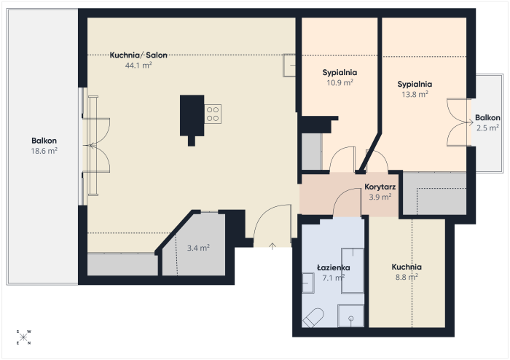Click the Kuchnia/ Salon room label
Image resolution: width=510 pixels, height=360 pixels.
click(138, 55)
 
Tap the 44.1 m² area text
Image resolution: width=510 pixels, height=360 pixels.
click(138, 66)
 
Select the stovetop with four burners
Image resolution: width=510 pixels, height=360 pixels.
click(213, 114)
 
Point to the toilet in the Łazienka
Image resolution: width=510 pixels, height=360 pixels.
click(313, 318)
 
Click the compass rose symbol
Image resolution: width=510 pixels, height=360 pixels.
click(23, 337)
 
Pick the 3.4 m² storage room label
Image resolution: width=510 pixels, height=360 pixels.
click(198, 248)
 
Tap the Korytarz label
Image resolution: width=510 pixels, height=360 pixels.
click(380, 187)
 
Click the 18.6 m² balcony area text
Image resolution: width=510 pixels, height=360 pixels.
click(44, 151)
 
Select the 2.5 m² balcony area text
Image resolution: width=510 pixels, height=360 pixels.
click(487, 128)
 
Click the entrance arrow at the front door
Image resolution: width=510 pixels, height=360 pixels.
click(272, 246)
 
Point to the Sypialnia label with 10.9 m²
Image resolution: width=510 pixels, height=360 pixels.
click(340, 73)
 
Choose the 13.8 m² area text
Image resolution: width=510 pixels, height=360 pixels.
click(415, 94)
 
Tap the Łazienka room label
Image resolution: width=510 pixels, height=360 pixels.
click(334, 267)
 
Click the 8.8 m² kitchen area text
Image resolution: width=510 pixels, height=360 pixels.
click(407, 277)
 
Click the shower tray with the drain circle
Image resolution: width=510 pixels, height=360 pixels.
click(350, 316)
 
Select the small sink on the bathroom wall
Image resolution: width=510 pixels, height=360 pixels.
click(308, 283)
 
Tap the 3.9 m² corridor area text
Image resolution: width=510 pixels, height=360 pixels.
click(380, 197)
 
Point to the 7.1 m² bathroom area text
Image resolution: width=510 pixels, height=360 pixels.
click(334, 278)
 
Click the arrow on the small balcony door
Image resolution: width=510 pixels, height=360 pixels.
click(469, 122)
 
